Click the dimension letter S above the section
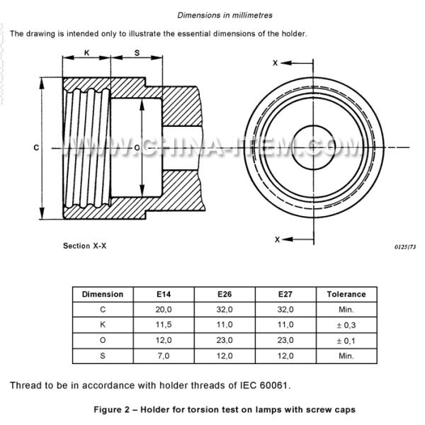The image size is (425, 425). pos(137,52)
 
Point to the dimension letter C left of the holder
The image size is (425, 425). pos(35,147)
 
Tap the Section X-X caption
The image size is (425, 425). pos(85,246)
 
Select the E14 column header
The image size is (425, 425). pos(162,294)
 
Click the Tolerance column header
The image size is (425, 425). pos(346,294)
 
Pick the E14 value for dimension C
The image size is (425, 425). pos(162,310)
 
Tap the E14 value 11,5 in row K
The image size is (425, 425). pos(162,325)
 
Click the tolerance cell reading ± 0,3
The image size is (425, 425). pos(346,325)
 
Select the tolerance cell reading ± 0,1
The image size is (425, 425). pos(346,341)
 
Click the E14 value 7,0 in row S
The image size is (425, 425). pos(162,356)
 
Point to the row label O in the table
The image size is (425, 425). pos(102,341)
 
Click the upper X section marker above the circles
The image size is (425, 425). pos(276,63)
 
